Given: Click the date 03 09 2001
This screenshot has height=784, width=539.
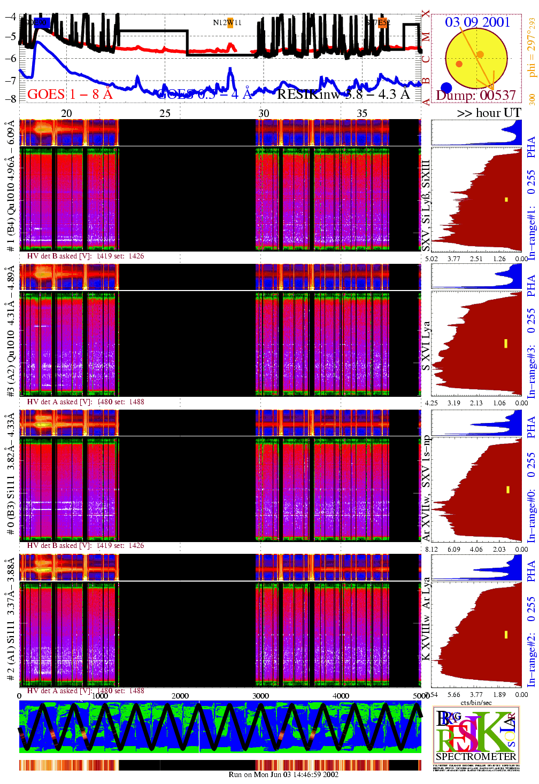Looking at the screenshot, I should [x=478, y=22].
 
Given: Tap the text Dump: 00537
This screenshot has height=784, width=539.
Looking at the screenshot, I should [x=476, y=96].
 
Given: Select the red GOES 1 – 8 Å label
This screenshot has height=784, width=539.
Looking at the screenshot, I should [x=70, y=95].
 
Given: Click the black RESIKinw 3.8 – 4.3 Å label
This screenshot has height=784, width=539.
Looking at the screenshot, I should [x=343, y=95].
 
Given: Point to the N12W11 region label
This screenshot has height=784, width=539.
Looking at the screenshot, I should [x=227, y=22].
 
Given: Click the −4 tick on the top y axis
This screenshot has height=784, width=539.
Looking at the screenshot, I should [x=10, y=16].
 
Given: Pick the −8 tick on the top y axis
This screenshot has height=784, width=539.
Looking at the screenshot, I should [x=10, y=98].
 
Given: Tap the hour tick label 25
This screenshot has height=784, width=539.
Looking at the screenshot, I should [x=165, y=113].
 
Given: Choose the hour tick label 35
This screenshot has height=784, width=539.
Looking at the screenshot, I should [x=362, y=113].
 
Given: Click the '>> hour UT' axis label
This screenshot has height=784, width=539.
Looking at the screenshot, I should [x=489, y=113].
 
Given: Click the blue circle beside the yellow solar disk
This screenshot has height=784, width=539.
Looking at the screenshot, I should [x=446, y=88].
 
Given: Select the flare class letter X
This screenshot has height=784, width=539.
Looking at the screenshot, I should [x=426, y=13].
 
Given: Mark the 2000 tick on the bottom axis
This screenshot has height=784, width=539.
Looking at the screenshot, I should [x=180, y=696].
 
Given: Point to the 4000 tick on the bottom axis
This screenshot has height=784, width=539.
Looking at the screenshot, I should [x=341, y=696].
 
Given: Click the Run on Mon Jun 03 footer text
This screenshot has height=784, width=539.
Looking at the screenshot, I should [x=283, y=774].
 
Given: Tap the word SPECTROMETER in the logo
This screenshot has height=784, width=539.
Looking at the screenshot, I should [x=476, y=756].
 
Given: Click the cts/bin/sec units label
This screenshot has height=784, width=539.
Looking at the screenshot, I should [x=476, y=702].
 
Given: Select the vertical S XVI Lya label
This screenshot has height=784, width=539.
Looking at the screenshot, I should [x=426, y=346].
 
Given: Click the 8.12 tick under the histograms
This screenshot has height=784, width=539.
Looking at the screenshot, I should [x=431, y=549].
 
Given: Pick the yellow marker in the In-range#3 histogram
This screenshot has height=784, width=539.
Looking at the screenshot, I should [x=506, y=343].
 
